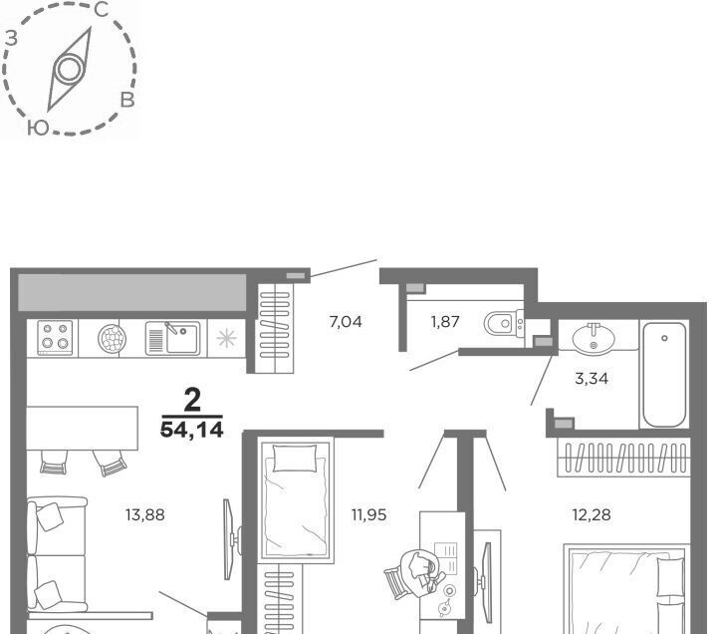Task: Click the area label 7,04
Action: (346, 322)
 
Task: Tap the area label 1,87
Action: (445, 322)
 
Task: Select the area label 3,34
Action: (592, 379)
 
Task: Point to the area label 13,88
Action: (145, 515)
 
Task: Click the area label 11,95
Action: (369, 515)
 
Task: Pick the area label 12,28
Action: (592, 515)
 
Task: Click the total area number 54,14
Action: (191, 430)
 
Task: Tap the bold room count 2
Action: (192, 400)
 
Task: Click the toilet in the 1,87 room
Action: (503, 323)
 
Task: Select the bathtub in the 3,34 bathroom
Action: (664, 375)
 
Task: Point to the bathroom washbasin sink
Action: (594, 337)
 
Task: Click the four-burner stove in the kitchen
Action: (55, 338)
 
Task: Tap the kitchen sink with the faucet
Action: (173, 338)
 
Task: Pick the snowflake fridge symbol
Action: (227, 339)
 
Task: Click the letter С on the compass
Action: (102, 10)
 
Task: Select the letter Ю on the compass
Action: (38, 129)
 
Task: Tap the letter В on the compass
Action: (127, 101)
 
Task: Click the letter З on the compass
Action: (11, 38)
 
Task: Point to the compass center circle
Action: (70, 70)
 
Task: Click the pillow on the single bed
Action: (295, 458)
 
